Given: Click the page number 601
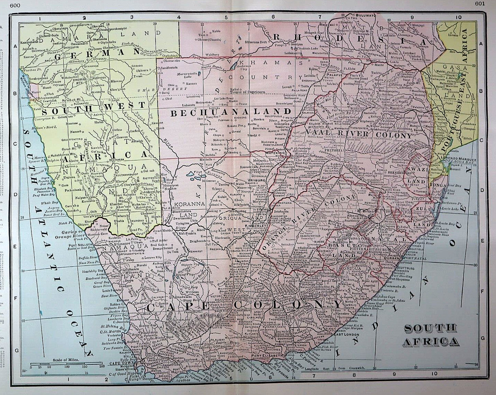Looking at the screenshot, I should click(480, 4).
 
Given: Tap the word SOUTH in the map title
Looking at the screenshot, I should click(430, 328).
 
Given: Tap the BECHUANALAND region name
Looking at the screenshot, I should click(231, 112).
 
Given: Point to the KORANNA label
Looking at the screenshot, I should click(188, 204).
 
